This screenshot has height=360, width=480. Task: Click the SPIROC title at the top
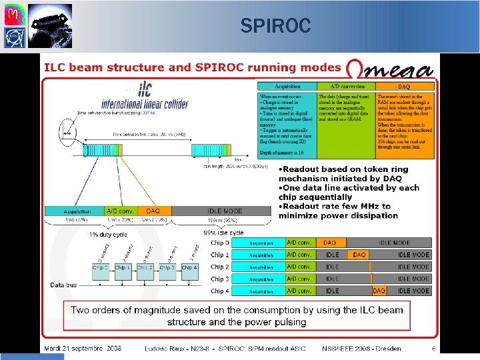[275, 26]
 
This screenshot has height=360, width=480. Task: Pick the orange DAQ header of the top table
[404, 86]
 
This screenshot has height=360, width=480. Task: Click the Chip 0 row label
[221, 243]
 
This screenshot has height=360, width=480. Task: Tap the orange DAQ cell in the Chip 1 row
[359, 255]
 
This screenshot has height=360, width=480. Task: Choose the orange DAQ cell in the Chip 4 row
[379, 291]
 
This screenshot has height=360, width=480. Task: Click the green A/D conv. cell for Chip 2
[300, 267]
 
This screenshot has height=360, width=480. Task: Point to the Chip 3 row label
[221, 279]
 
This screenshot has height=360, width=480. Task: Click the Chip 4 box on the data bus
[189, 267]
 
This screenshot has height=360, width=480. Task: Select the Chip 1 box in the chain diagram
[122, 267]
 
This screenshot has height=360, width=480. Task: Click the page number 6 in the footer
[433, 348]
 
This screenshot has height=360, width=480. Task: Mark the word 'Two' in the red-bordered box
[82, 310]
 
